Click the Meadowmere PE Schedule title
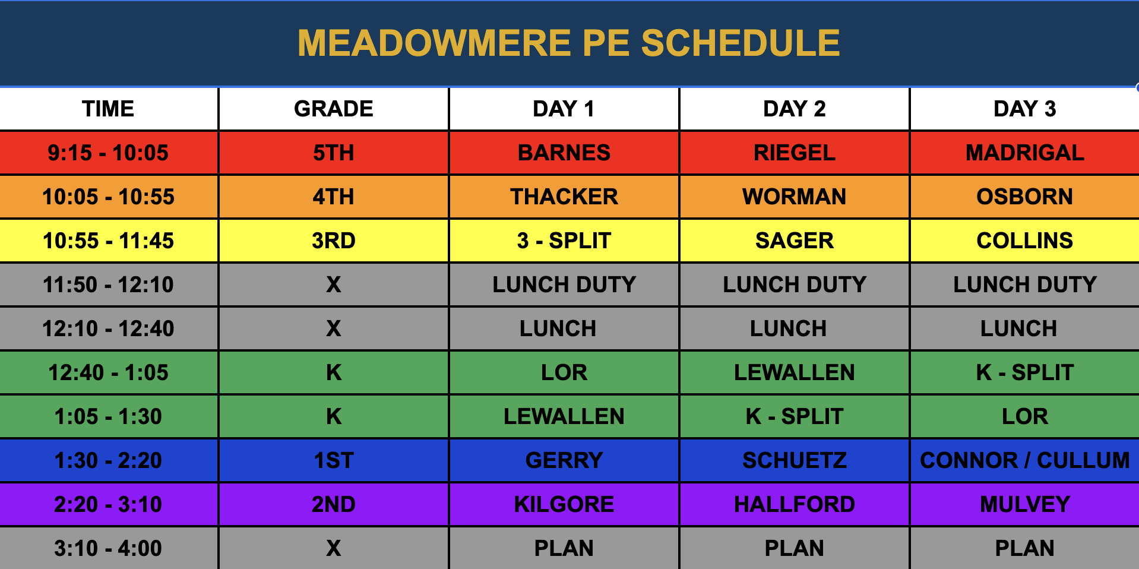[x=569, y=43]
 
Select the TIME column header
[x=108, y=109]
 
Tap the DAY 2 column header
[x=795, y=109]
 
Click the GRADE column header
[x=334, y=109]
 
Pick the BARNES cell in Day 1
[x=564, y=153]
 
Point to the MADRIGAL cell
[x=1025, y=153]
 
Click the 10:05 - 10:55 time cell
[x=108, y=197]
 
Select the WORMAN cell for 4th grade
[x=795, y=197]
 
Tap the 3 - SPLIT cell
[x=564, y=241]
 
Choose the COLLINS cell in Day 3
[x=1025, y=241]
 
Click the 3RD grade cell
[x=334, y=241]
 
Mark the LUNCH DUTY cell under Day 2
[x=795, y=284]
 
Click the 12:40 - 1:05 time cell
[x=108, y=372]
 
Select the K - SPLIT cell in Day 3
[x=1025, y=372]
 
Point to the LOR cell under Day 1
[x=564, y=372]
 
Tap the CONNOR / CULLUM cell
[x=1025, y=460]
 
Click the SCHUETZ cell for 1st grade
[x=795, y=460]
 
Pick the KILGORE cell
[x=564, y=504]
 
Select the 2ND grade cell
[x=334, y=504]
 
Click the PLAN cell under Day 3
[x=1025, y=548]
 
